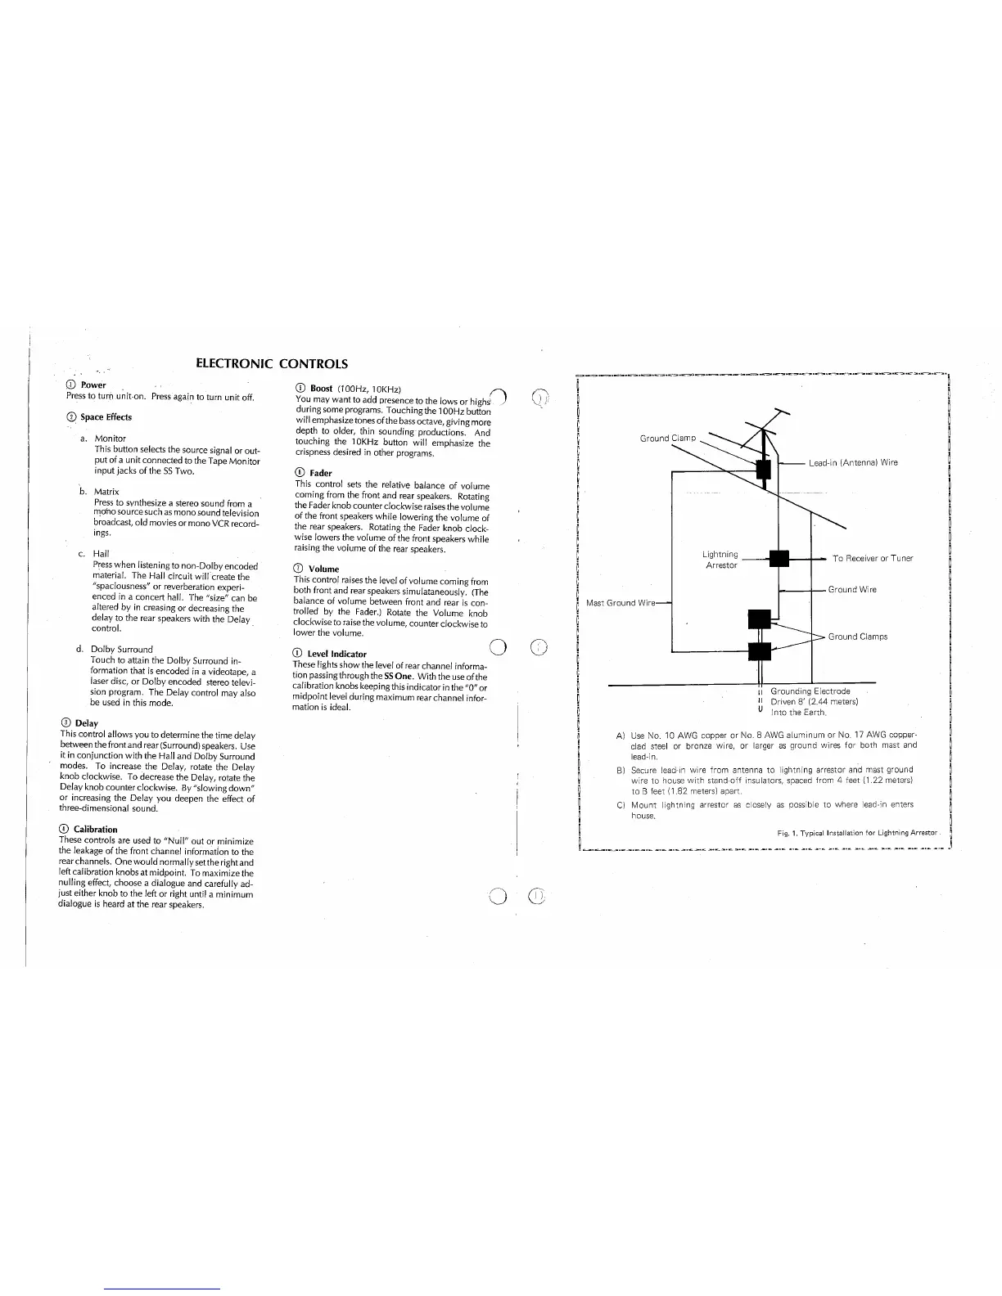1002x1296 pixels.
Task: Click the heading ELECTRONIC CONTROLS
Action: (x=272, y=364)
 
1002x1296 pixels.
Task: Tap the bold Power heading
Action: (x=93, y=385)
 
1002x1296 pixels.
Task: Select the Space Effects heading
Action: (x=106, y=417)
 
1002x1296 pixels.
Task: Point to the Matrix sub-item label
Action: (x=106, y=492)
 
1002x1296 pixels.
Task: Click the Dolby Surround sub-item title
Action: (x=122, y=650)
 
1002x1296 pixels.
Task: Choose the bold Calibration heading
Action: (x=95, y=830)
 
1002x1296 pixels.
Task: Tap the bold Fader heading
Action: (x=320, y=473)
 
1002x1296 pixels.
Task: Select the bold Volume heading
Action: (x=323, y=569)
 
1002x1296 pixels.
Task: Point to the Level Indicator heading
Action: (x=336, y=654)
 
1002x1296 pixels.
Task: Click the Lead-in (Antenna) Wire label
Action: (x=853, y=463)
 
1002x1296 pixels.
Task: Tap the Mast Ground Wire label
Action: (x=621, y=604)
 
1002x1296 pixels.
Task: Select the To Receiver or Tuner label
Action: (x=872, y=559)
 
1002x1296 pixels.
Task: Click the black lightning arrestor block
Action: (x=779, y=558)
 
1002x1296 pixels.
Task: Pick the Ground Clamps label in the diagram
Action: (x=857, y=637)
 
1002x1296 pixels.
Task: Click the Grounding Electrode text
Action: (x=810, y=691)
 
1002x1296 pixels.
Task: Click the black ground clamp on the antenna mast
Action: (x=763, y=469)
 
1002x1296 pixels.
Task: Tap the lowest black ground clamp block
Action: (x=760, y=651)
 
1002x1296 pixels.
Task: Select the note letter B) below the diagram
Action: (x=621, y=770)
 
